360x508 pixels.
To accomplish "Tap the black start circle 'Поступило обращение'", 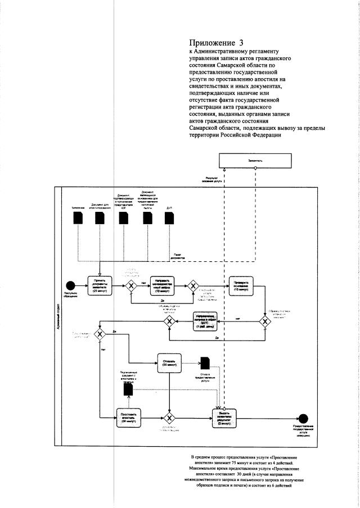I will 70,285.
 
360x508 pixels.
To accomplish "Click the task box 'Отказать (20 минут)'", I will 169,362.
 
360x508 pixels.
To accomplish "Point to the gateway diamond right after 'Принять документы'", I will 132,285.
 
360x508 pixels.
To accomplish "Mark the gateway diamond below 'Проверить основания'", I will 265,321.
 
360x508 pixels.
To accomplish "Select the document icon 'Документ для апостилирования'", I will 100,218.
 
